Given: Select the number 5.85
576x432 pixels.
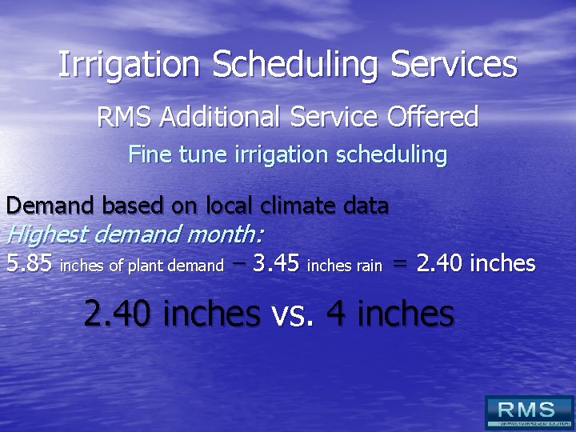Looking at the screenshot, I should click(29, 263).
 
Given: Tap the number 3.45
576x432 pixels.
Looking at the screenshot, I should click(276, 263).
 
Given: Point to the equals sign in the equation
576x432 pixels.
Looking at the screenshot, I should click(400, 264).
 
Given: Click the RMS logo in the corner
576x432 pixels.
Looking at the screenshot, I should click(529, 412).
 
